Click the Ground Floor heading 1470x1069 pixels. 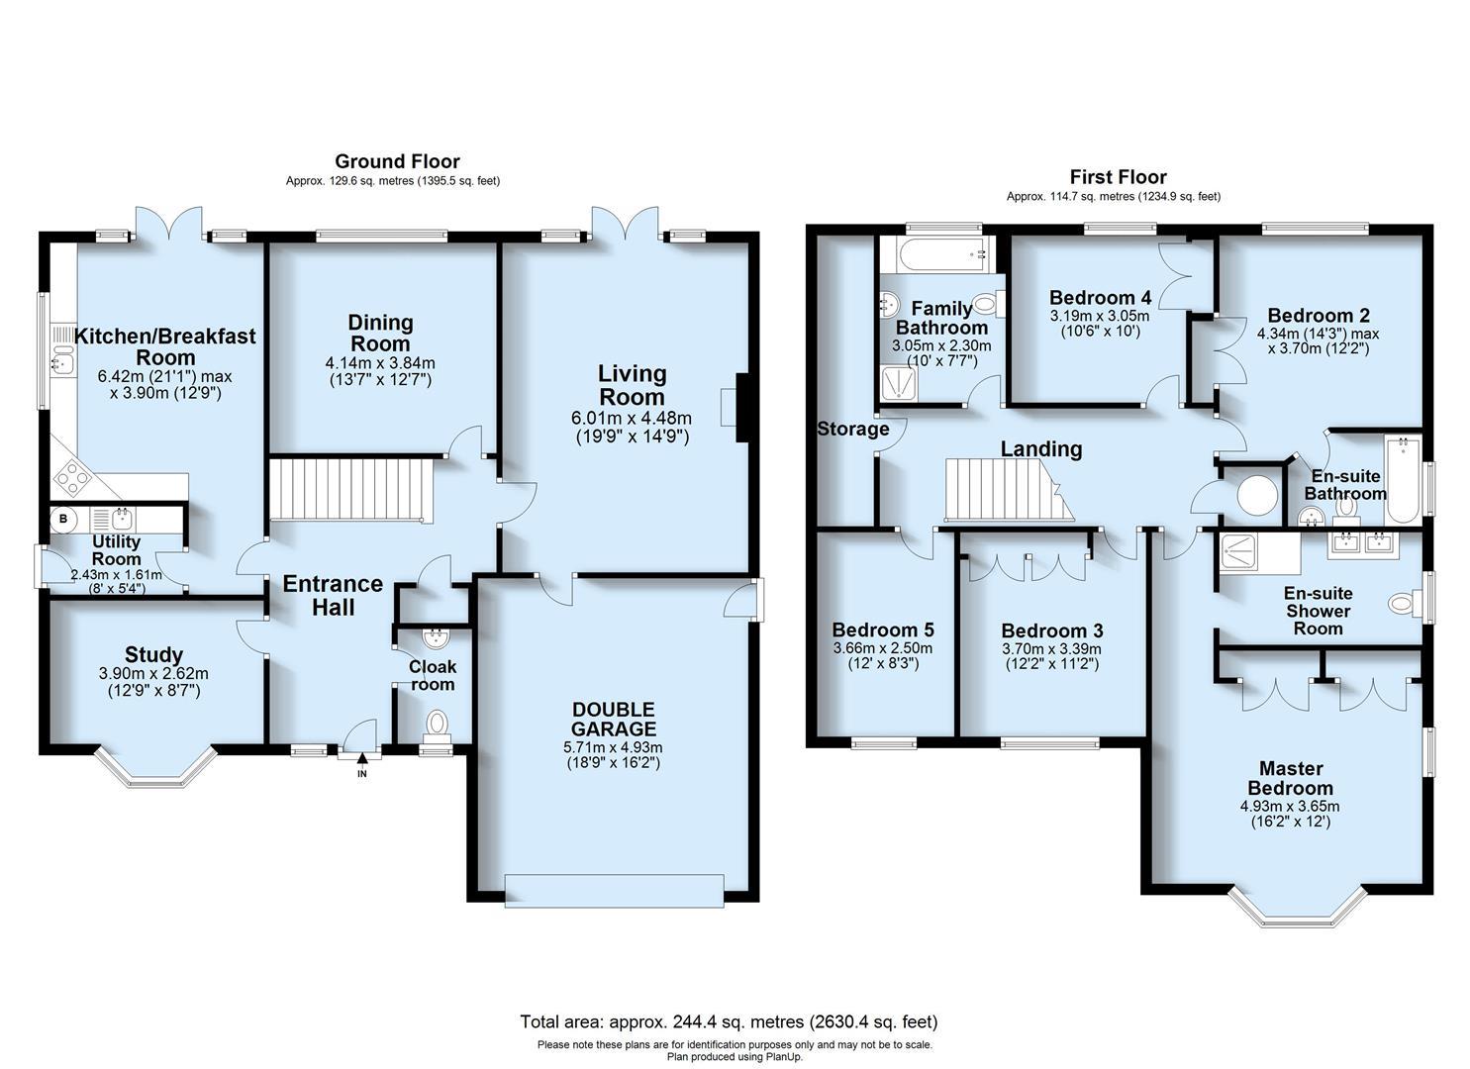point(397,161)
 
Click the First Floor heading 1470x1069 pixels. point(1119,177)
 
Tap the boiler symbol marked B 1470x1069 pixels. point(63,519)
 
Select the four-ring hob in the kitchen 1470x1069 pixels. point(73,477)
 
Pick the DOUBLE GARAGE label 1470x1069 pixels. point(614,720)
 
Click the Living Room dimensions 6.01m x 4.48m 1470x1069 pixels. point(632,418)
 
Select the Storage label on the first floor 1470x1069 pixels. point(853,430)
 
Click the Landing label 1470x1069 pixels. point(1040,448)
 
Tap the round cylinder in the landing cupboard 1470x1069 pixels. point(1257,495)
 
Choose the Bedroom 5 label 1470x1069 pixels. point(883,630)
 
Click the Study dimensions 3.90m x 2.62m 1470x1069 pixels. point(153,673)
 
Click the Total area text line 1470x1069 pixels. point(730,1021)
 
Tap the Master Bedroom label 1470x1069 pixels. point(1290,778)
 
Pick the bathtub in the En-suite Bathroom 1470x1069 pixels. point(1402,480)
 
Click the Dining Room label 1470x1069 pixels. point(381,333)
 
